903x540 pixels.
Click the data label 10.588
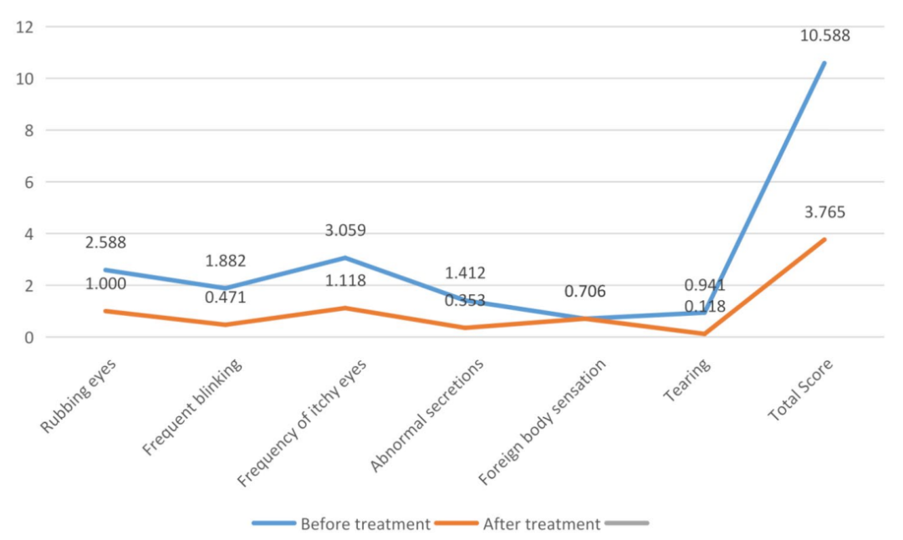[x=824, y=35]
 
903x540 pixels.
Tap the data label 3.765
[x=824, y=211]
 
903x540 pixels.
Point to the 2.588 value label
[x=105, y=243]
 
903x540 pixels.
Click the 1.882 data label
[x=226, y=262]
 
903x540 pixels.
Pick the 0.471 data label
[x=226, y=297]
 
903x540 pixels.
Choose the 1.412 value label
[x=466, y=273]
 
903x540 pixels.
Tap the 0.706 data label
[x=585, y=292]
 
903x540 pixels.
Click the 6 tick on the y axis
[x=27, y=182]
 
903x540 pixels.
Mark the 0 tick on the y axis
[x=27, y=338]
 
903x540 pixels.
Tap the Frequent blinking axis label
[x=194, y=408]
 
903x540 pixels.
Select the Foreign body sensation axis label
[x=543, y=421]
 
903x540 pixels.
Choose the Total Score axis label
[x=802, y=391]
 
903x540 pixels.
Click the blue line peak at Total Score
[x=824, y=63]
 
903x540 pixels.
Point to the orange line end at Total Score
[x=824, y=239]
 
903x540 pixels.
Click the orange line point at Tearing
[x=705, y=334]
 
